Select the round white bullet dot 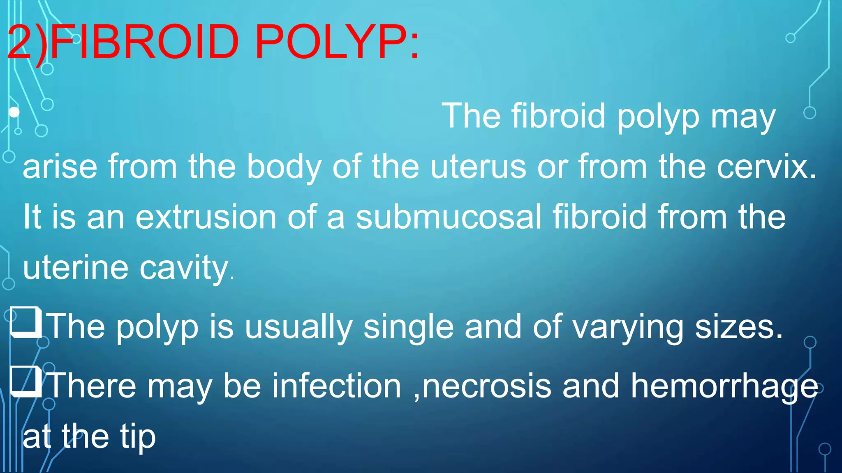tap(14, 112)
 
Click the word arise tap(60, 167)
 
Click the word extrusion tap(206, 217)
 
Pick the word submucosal tap(449, 217)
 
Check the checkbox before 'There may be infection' tap(25, 382)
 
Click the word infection tap(337, 386)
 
